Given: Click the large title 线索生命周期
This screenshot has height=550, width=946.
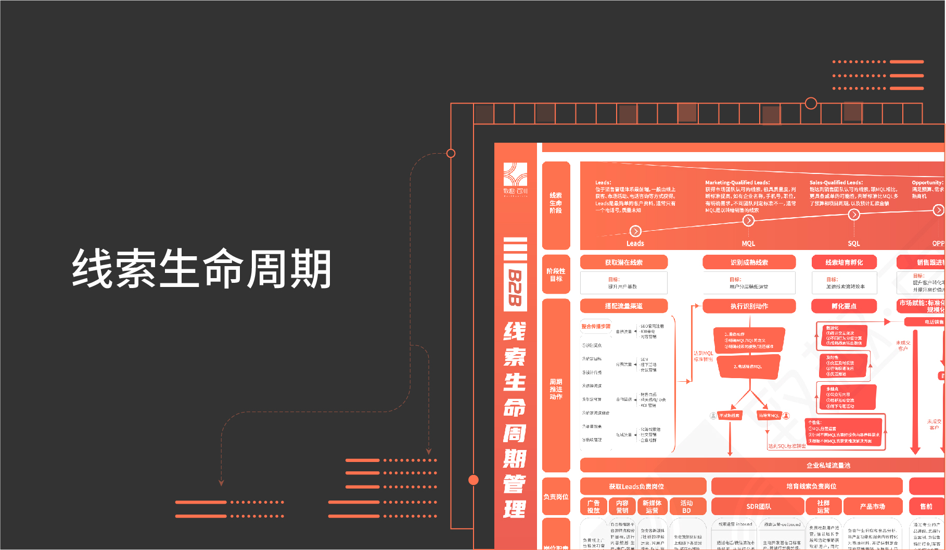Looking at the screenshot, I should point(201,268).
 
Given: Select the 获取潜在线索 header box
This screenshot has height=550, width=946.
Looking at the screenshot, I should point(623,262).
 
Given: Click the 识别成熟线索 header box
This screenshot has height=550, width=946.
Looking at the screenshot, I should point(749,262).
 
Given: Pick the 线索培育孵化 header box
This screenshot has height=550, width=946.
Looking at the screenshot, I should point(843,262).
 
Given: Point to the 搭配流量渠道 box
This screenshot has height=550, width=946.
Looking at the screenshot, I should point(623,306).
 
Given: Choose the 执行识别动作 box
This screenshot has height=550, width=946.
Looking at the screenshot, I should point(749,306).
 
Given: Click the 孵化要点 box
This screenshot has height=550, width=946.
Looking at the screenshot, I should point(843,306).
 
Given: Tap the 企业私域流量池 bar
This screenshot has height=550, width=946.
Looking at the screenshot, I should point(828,465).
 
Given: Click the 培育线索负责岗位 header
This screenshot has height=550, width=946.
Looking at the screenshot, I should point(811,486).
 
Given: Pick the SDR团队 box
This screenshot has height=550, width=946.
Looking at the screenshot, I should point(758,506).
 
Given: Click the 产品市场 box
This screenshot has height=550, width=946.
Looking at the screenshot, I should point(872,506).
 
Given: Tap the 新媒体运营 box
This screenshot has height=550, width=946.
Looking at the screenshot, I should point(651,506).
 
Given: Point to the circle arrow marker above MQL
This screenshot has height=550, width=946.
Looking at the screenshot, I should point(748,220).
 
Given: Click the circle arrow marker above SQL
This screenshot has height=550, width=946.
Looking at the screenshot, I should point(854,214).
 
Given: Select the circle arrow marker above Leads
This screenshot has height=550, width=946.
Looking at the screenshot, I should point(635,231).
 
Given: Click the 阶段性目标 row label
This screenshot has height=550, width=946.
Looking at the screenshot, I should point(556,274).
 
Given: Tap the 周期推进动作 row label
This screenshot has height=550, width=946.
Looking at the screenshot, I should point(556,389).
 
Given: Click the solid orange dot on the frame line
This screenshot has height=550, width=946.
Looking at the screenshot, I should point(474,480).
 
